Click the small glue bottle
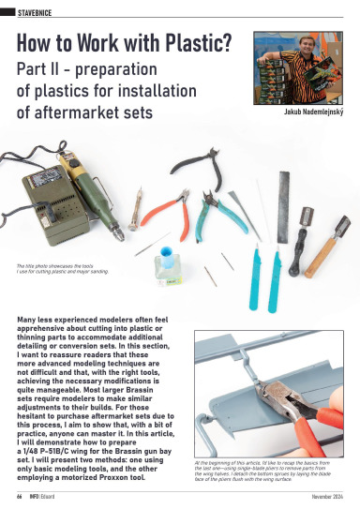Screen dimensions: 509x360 click(x=169, y=265)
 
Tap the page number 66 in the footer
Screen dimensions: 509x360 click(x=19, y=496)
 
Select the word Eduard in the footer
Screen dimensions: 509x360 click(x=57, y=496)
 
